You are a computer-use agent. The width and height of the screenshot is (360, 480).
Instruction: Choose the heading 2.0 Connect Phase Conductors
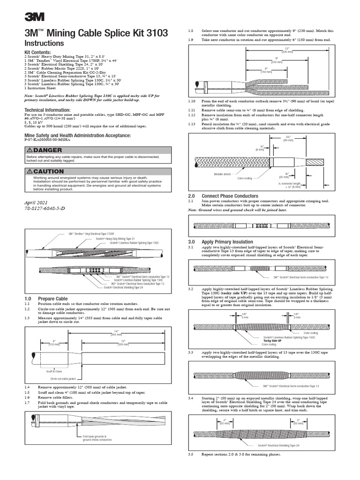coord(223,195)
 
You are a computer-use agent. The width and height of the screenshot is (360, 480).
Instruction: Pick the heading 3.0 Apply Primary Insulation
coord(220,242)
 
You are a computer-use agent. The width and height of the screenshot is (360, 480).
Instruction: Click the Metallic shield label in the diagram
coord(223,173)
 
